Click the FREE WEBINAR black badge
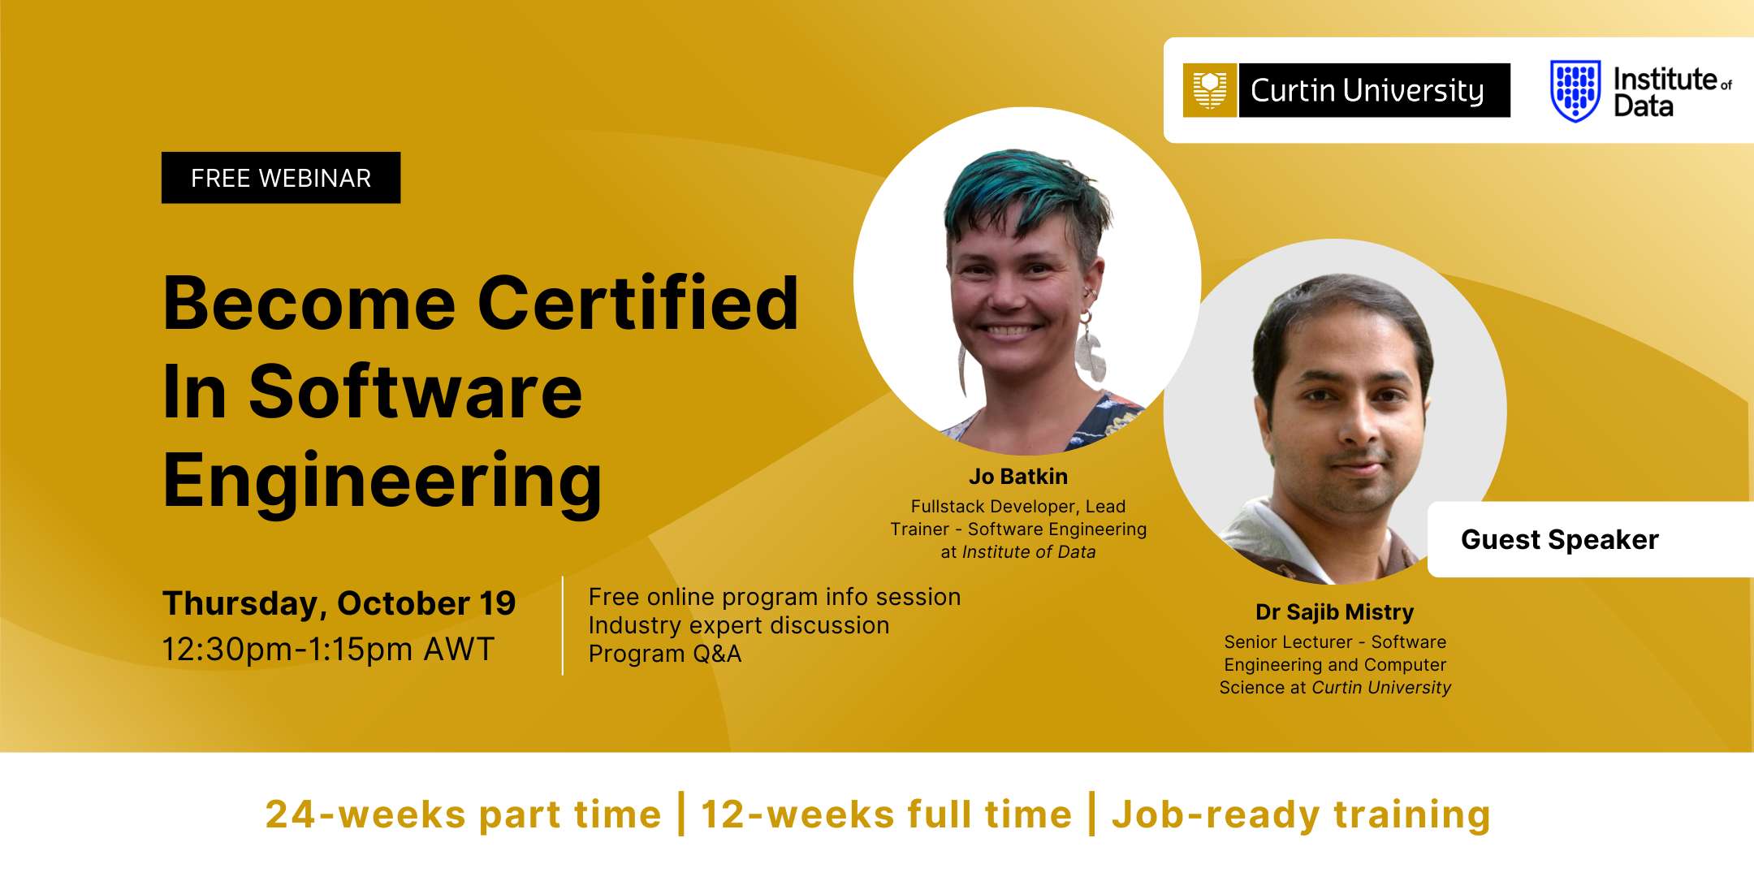point(281,178)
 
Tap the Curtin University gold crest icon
point(1210,90)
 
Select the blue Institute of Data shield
point(1575,91)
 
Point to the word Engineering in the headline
point(382,481)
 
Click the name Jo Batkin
point(1018,477)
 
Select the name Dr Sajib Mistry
point(1335,612)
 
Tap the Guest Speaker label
point(1560,540)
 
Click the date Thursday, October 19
point(339,604)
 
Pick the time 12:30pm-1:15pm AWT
point(328,650)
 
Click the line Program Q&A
point(665,654)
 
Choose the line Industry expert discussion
point(739,625)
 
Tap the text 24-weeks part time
point(464,814)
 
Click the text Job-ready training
point(1302,815)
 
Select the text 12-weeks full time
point(887,814)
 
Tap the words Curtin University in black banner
point(1367,91)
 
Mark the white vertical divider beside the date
point(563,625)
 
